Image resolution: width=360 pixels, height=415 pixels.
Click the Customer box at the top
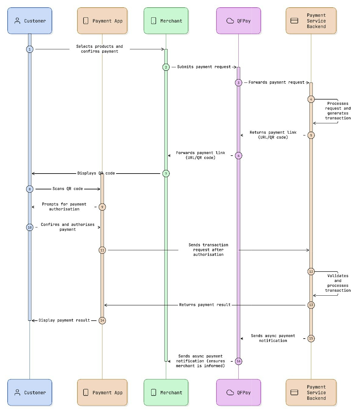point(30,21)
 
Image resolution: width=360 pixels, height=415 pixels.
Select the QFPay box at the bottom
point(238,392)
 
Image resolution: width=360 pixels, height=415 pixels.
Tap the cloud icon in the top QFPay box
point(230,21)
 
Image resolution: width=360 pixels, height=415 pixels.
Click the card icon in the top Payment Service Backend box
point(294,21)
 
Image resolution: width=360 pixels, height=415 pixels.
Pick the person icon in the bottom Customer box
point(17,392)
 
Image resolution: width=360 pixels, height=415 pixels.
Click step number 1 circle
point(30,49)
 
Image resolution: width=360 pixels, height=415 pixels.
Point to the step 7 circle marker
point(166,174)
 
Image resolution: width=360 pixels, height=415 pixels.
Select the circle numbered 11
point(102,250)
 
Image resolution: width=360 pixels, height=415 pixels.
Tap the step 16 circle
point(238,361)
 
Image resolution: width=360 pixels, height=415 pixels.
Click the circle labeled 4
point(311,99)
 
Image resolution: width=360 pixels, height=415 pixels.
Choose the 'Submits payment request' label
point(204,67)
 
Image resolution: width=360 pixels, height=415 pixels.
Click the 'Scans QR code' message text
point(68,189)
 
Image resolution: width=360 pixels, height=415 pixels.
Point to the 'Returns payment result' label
point(205,305)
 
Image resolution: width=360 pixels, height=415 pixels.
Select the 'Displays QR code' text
point(96,173)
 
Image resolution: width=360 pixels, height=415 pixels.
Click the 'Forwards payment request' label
point(276,83)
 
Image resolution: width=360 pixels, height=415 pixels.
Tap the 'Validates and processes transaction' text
point(338,283)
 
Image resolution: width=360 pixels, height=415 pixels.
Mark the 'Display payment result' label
point(64,320)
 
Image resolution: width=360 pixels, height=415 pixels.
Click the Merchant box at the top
point(166,21)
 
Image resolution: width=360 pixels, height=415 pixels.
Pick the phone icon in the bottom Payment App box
point(86,392)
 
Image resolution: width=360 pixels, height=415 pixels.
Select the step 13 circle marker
point(311,305)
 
